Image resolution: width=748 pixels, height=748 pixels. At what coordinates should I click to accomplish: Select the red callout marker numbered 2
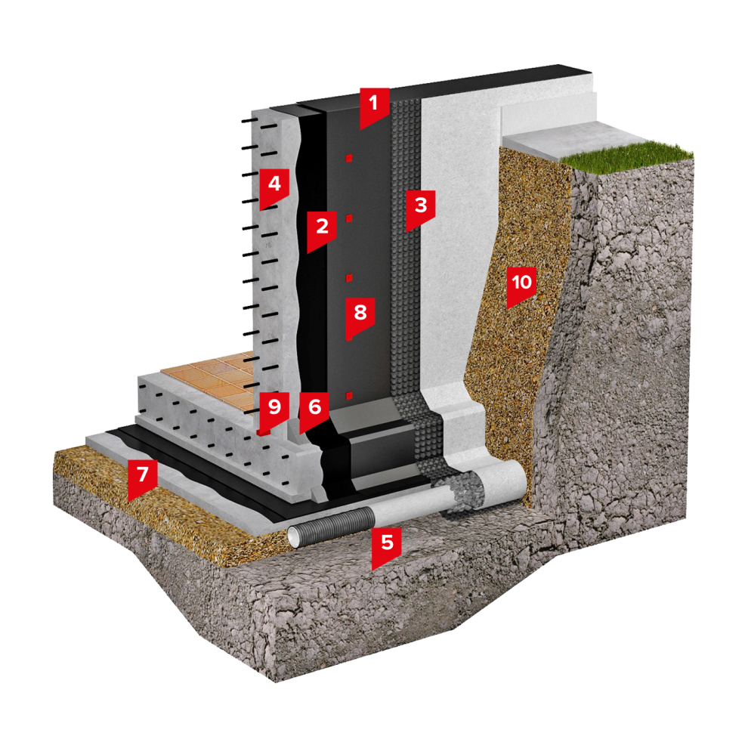point(322,230)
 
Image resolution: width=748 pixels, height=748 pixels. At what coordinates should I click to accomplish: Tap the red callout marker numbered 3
point(420,210)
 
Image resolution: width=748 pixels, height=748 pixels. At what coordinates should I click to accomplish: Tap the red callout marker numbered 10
point(521,286)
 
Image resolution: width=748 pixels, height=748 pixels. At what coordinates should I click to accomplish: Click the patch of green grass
point(625,153)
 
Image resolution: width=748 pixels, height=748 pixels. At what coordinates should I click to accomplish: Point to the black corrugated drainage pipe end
point(330,526)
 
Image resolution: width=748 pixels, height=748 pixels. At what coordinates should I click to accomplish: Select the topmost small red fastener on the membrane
point(349,158)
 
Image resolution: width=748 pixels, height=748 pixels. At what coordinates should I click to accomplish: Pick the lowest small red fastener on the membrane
point(349,395)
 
